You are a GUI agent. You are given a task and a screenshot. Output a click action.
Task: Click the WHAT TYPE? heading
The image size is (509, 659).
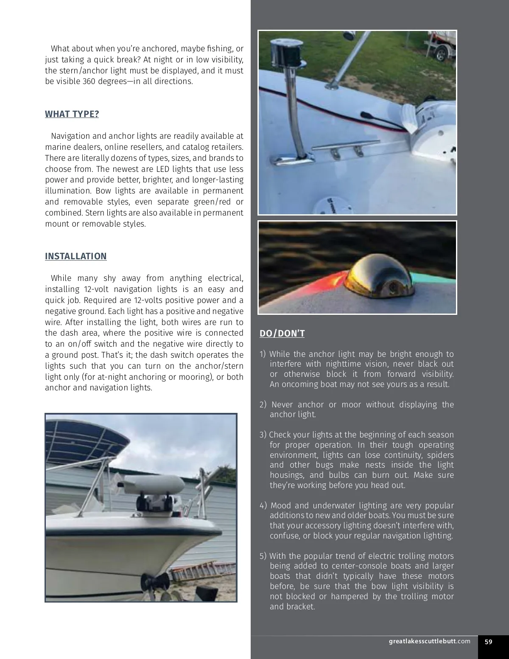(72, 114)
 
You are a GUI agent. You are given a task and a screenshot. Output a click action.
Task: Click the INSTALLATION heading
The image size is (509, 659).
(76, 256)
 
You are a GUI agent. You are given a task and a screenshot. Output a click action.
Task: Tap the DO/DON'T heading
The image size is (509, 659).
(282, 334)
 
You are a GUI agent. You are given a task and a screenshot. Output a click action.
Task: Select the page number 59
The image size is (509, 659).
(489, 642)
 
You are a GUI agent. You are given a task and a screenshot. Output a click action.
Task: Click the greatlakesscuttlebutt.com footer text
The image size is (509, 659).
(429, 641)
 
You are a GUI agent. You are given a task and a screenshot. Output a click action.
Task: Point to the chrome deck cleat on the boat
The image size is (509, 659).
(346, 148)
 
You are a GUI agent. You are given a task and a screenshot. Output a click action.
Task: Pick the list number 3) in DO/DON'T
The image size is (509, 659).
(263, 435)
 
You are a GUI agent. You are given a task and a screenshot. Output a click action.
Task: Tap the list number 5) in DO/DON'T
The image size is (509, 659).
(263, 556)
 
